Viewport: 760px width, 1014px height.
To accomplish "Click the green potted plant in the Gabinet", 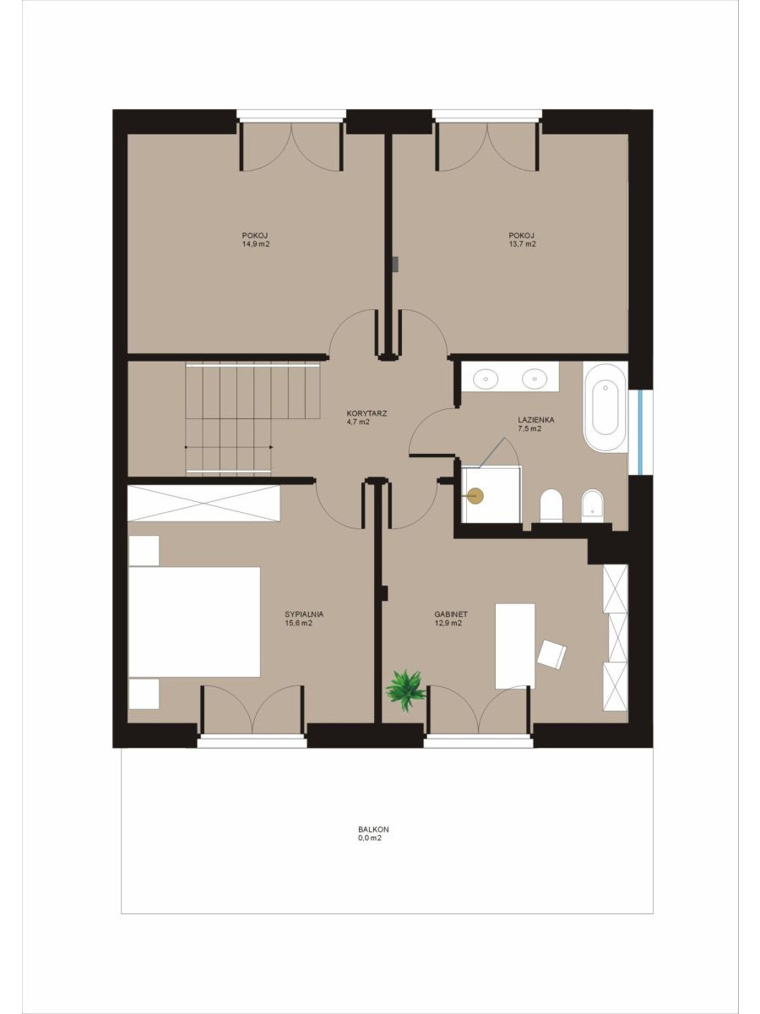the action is [405, 690].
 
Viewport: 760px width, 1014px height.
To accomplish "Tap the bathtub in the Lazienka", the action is [605, 407].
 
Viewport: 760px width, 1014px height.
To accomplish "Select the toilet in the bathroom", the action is [551, 506].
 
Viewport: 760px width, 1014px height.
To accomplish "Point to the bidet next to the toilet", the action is [593, 506].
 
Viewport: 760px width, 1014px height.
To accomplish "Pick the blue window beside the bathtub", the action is [642, 433].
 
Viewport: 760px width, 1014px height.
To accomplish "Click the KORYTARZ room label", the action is [366, 413].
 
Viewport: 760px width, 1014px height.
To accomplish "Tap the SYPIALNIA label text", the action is [304, 614].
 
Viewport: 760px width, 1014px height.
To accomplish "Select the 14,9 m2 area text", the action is [256, 244].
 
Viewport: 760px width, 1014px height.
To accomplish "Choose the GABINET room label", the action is [451, 614].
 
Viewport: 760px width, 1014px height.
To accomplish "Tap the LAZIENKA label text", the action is [535, 420].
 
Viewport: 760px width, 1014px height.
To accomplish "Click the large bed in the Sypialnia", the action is [194, 622].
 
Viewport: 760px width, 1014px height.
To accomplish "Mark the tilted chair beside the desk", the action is [552, 654].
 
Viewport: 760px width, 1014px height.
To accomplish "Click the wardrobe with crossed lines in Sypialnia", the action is [204, 503].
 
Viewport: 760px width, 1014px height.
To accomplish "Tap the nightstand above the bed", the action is [144, 551].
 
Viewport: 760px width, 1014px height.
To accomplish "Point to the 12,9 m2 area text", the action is [448, 623].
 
